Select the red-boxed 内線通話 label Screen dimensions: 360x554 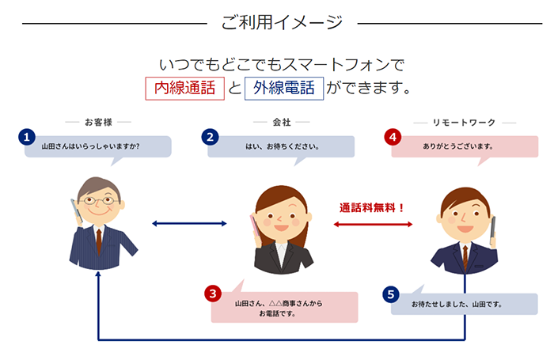(184, 88)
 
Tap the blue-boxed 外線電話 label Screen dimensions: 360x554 (284, 88)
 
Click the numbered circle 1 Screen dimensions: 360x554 (28, 137)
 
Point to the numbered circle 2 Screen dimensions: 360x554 (210, 137)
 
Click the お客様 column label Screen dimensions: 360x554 (98, 123)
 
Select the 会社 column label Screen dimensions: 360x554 (281, 123)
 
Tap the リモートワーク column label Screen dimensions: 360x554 (465, 123)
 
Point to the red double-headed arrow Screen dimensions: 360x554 (374, 225)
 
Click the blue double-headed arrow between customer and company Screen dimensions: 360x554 (188, 225)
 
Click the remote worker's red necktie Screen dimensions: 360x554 (465, 255)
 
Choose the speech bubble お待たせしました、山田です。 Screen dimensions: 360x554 (457, 304)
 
